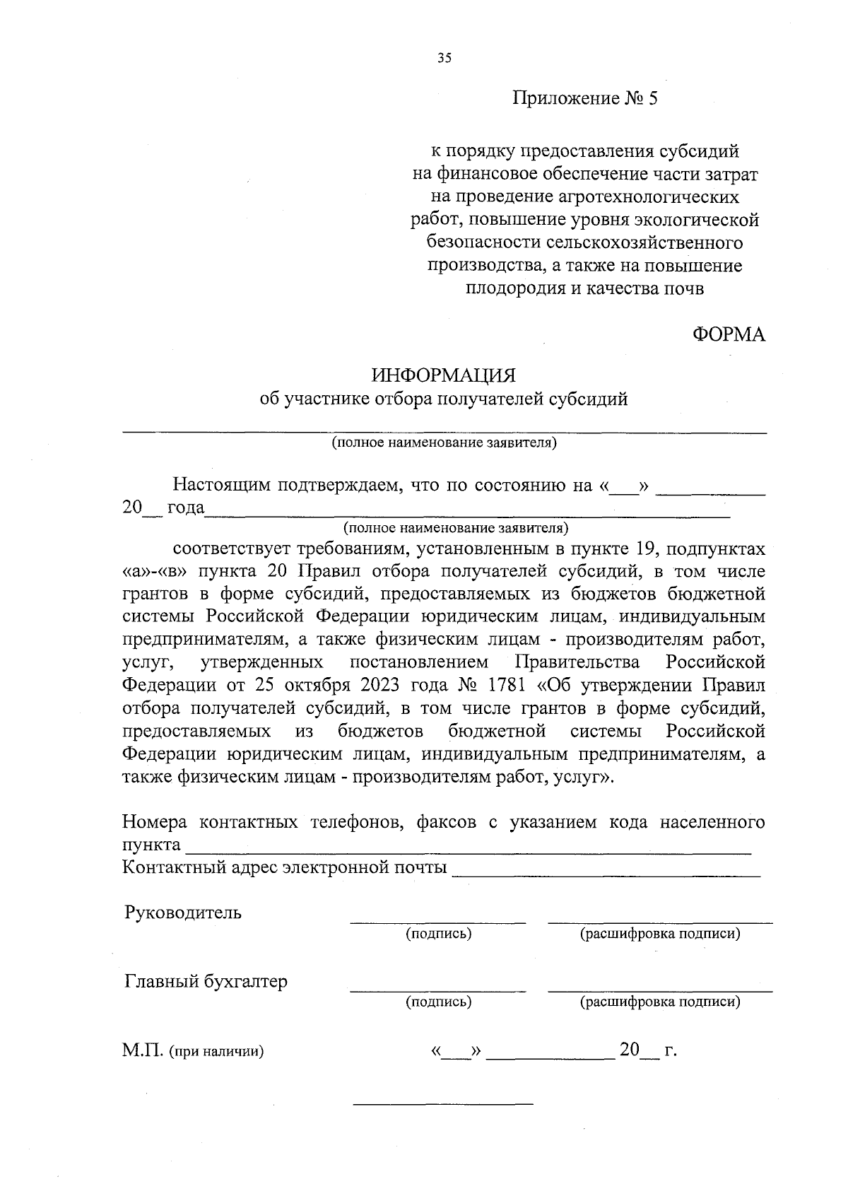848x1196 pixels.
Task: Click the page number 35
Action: point(443,59)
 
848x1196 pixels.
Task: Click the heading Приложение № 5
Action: point(585,99)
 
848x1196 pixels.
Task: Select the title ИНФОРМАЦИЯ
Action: point(444,375)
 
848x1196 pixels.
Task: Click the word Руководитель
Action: point(183,912)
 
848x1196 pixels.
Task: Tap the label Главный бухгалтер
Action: point(206,981)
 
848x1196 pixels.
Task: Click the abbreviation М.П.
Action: point(143,1050)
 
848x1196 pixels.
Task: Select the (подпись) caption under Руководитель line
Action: point(439,934)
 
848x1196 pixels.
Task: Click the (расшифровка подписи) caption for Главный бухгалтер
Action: point(660,1002)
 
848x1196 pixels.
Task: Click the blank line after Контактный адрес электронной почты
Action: point(606,875)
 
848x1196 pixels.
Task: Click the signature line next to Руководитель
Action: point(438,921)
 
